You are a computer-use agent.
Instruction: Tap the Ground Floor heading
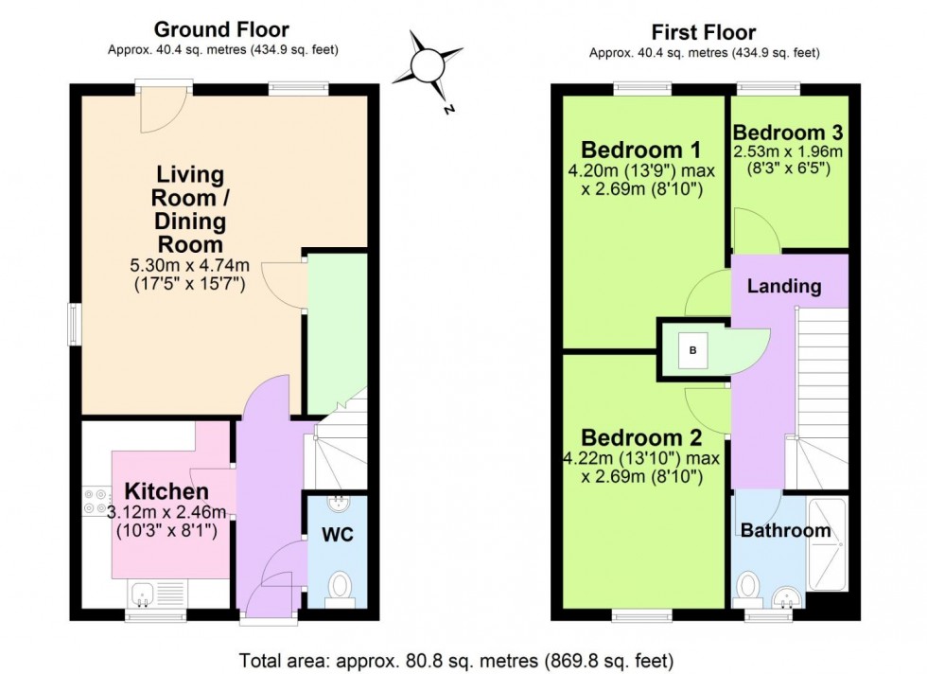click(221, 30)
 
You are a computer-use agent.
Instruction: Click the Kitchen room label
click(166, 492)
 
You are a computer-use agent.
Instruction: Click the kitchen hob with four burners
click(96, 501)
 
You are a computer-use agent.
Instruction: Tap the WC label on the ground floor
click(338, 535)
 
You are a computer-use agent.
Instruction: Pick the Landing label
click(784, 286)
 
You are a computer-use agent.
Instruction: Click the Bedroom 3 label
click(788, 132)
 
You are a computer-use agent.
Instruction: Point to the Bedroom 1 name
click(640, 150)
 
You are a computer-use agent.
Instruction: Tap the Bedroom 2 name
click(641, 438)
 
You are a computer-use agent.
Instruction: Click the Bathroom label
click(785, 530)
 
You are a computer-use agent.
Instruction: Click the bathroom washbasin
click(787, 596)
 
